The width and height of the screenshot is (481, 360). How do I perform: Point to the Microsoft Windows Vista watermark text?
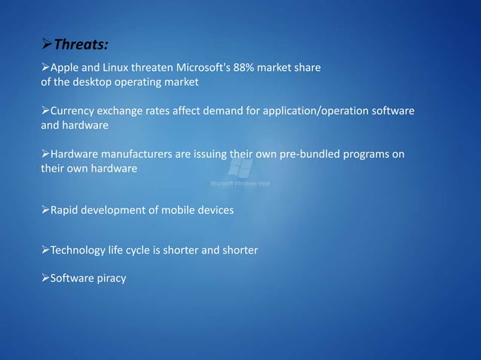pyautogui.click(x=240, y=183)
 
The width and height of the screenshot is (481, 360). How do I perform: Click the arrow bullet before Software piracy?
pyautogui.click(x=44, y=279)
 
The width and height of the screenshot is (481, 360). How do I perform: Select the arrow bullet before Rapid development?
pyautogui.click(x=44, y=210)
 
